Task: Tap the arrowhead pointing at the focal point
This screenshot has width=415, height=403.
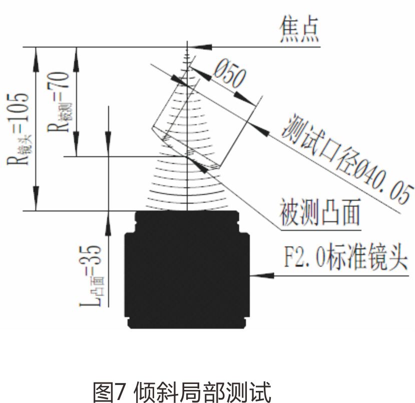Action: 196,47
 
